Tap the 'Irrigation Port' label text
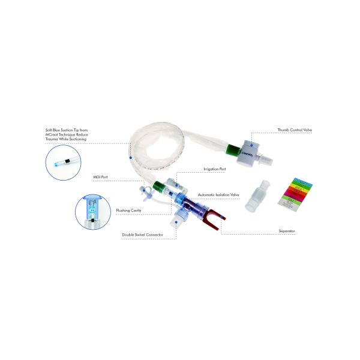click(214, 169)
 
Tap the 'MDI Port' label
click(100, 178)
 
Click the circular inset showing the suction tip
click(64, 163)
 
